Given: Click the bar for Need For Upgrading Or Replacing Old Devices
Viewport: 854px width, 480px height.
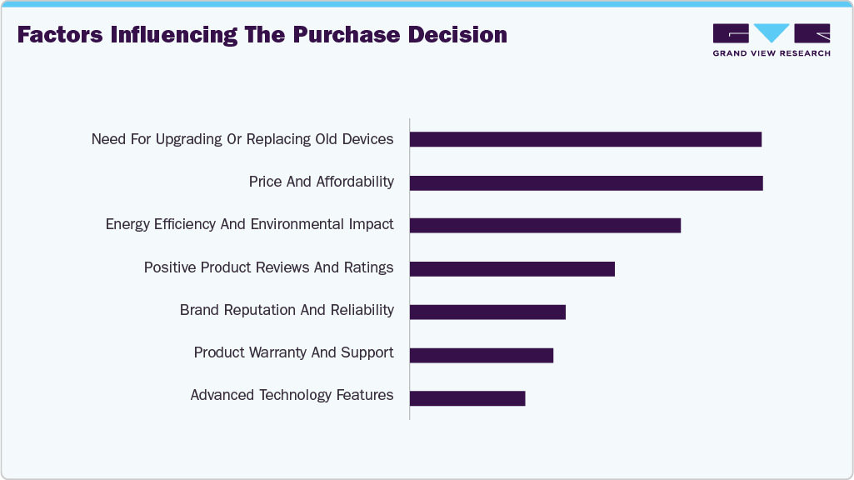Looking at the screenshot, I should coord(585,139).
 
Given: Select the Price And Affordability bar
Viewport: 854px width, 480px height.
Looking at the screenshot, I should coord(586,182).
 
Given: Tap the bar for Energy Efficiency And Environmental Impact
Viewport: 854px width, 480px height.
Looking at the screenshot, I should coord(545,225).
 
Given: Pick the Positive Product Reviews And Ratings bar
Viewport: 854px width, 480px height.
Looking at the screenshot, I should coord(512,268).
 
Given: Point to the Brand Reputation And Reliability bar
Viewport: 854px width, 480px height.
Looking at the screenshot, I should coord(487,312).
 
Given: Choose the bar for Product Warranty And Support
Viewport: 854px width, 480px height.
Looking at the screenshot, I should coord(481,355).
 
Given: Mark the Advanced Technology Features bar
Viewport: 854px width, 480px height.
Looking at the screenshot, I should coord(467,398).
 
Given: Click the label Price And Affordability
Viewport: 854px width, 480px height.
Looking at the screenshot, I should coord(321,182).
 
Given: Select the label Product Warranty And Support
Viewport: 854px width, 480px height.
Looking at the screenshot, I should coord(293,352).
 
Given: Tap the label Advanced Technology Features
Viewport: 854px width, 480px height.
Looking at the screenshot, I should coord(292,395).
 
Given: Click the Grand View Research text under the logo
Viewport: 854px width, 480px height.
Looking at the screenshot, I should coord(772,53).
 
